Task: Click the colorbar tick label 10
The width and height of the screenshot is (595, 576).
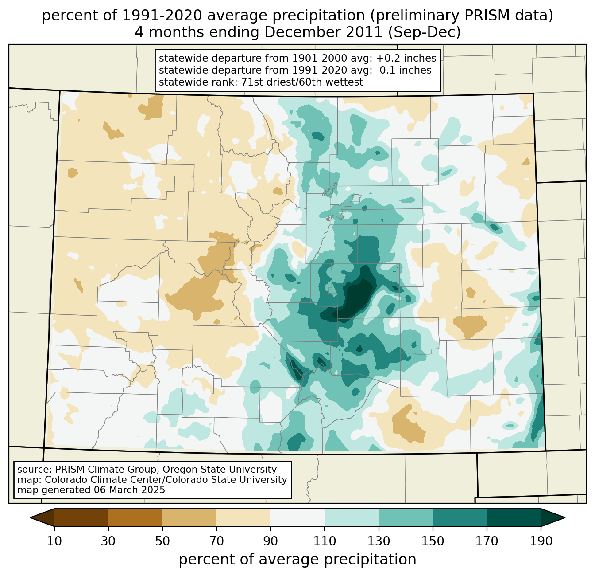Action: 54,541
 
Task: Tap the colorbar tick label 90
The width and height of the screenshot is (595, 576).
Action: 270,541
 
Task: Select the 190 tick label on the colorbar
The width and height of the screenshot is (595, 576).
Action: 541,541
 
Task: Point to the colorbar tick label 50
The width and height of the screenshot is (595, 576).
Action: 162,541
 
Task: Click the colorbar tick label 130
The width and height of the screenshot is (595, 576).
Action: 379,541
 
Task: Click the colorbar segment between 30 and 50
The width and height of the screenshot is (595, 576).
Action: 135,517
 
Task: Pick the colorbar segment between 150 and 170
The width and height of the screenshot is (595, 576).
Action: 460,517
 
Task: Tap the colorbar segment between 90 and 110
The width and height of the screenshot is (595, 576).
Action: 297,517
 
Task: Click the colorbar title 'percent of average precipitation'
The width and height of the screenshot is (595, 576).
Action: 297,560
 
